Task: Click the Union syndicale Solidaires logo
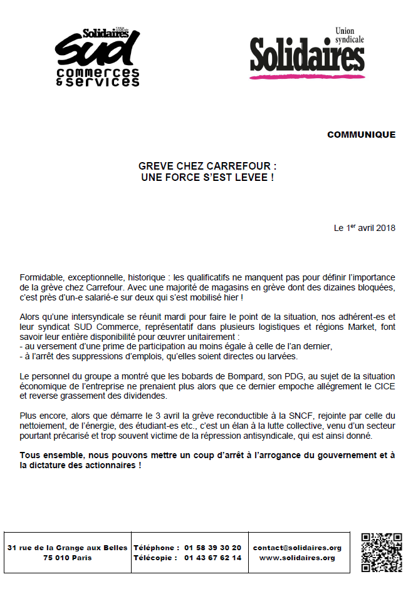[x=307, y=55]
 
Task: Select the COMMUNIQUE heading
[x=361, y=135]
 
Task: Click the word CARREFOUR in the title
[x=239, y=167]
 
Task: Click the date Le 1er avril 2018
[x=365, y=228]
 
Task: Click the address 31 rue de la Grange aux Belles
[x=68, y=548]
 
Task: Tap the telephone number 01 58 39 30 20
[x=212, y=548]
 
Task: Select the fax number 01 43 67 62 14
[x=212, y=558]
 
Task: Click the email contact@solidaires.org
[x=297, y=548]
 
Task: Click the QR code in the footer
[x=382, y=551]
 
